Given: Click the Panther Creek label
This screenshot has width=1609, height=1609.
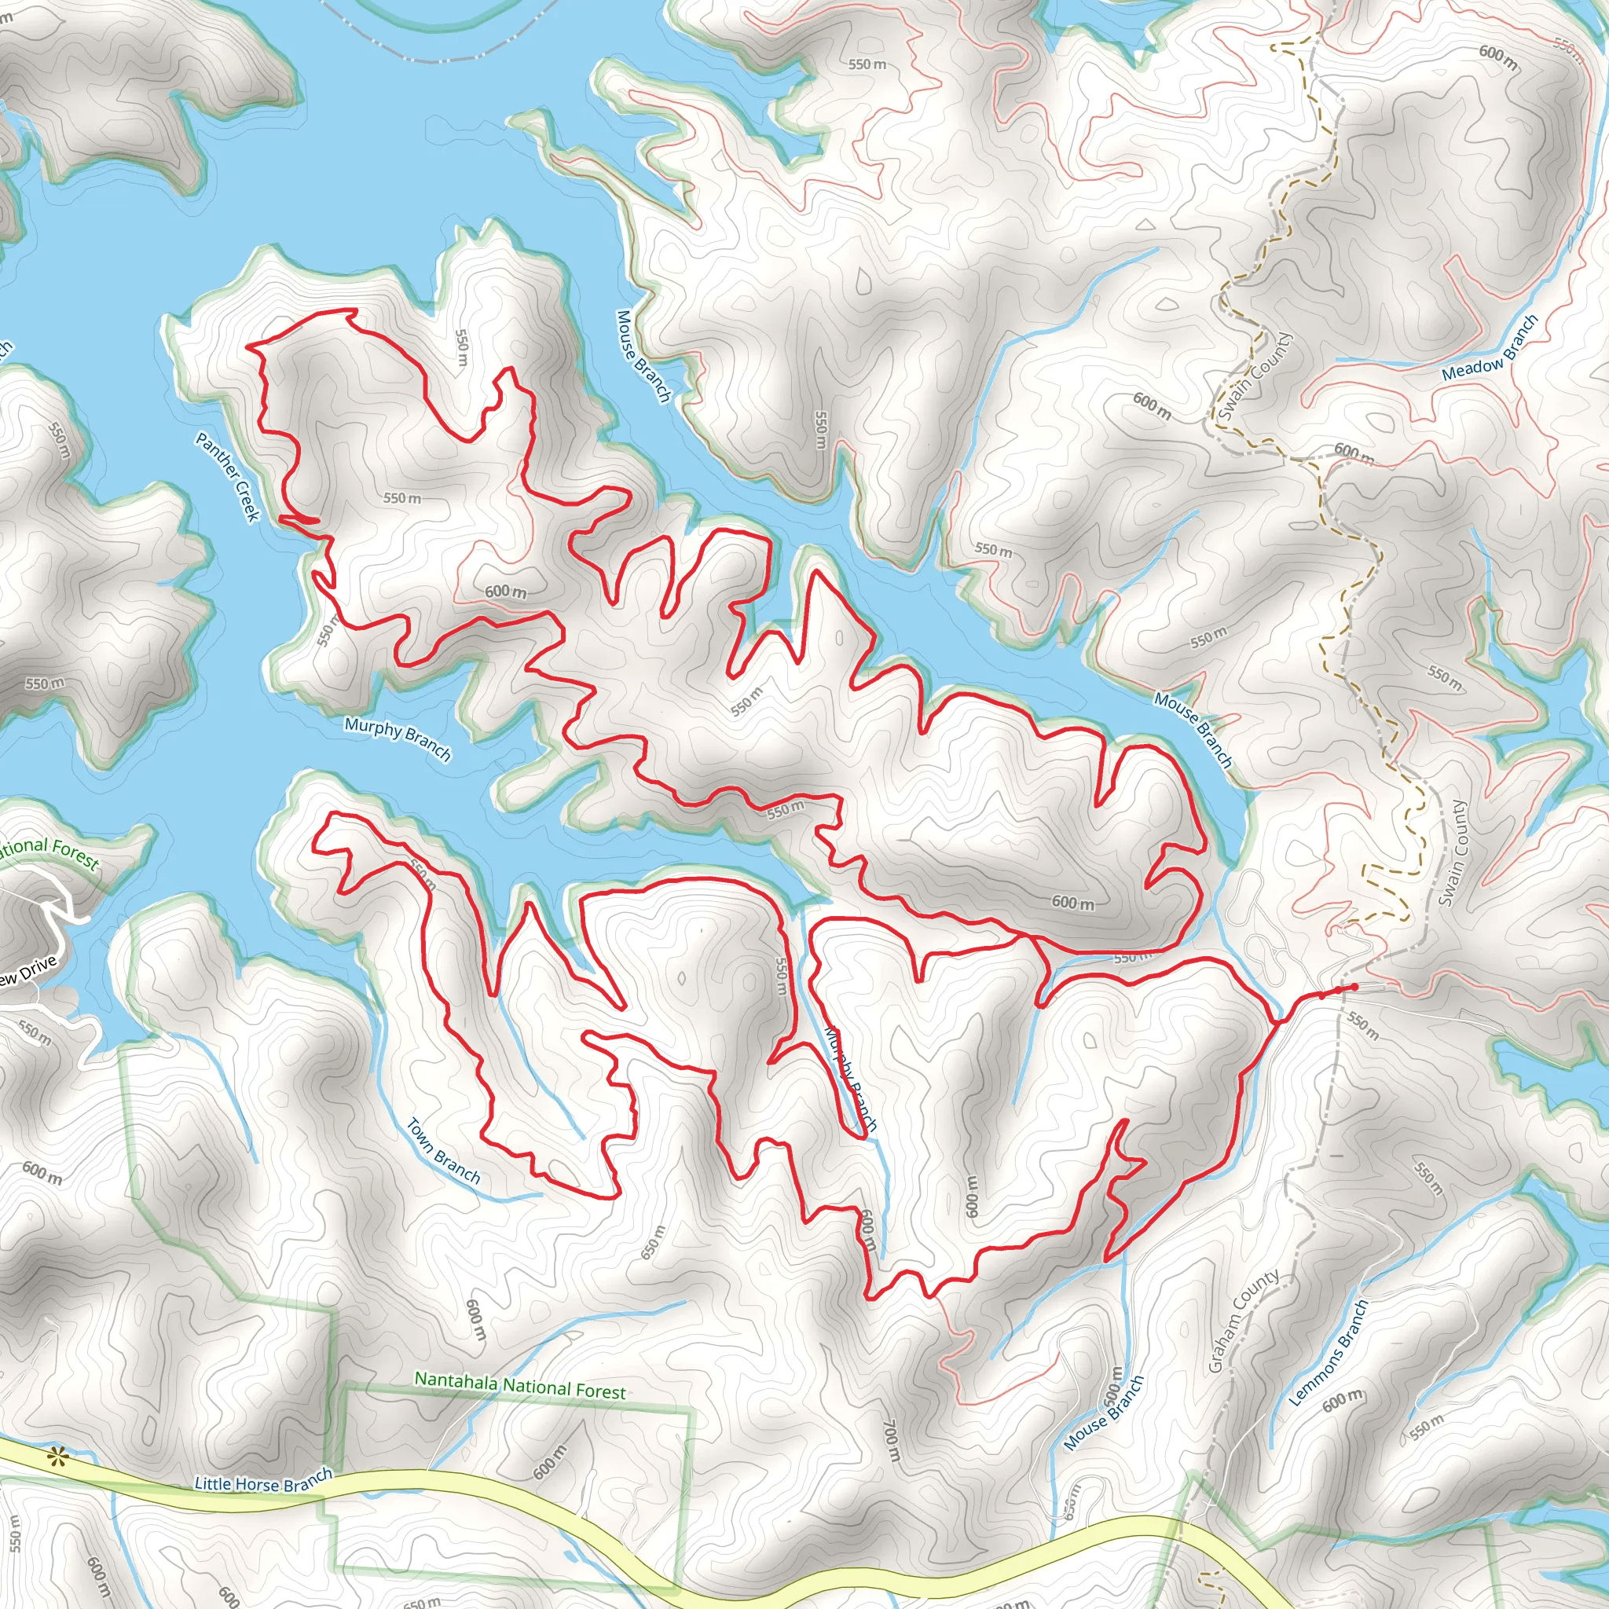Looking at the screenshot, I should (227, 476).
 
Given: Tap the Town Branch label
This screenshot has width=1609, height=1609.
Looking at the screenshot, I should (443, 1151).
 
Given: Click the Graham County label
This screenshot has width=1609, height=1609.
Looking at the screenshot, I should (1244, 1321).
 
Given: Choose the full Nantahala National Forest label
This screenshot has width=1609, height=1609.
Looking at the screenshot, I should (519, 1386).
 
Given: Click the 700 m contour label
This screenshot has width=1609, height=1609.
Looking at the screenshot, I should (890, 1441).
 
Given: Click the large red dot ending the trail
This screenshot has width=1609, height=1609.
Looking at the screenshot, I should (1354, 987).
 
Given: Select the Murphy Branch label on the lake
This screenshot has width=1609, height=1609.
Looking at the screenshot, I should (398, 739).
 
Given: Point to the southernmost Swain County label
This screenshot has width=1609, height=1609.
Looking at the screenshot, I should (1453, 854).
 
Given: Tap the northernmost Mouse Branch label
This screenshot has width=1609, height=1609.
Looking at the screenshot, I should (643, 357).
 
